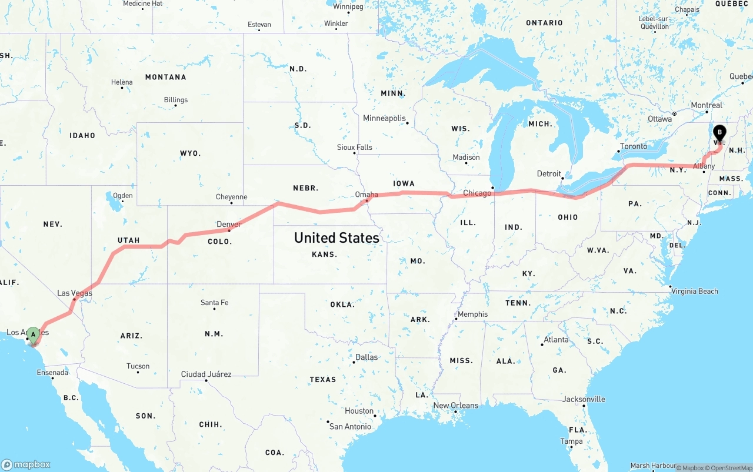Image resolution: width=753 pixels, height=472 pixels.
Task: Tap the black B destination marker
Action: [x=719, y=133]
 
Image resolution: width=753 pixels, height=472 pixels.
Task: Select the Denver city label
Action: [x=228, y=224]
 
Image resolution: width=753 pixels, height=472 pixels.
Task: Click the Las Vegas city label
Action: [x=75, y=293]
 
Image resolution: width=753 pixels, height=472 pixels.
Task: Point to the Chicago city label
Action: [x=477, y=193]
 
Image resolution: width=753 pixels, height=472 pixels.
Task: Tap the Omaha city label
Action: [x=366, y=194]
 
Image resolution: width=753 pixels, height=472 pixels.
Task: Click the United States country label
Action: [x=336, y=237]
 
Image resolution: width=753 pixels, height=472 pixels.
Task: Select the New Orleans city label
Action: [x=455, y=405]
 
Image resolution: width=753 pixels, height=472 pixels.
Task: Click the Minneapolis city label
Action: [x=384, y=118]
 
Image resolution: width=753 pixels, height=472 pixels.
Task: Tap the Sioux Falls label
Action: [x=354, y=147]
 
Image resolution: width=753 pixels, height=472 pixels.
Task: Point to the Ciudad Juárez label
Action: [x=206, y=374]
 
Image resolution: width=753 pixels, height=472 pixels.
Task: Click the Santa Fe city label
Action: [x=214, y=303]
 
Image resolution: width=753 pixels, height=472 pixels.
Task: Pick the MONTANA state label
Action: [x=165, y=77]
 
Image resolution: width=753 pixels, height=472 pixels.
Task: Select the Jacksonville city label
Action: [x=584, y=399]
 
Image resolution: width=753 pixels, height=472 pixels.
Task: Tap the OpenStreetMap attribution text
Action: [x=729, y=468]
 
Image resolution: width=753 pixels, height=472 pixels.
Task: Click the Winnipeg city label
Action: [x=348, y=6]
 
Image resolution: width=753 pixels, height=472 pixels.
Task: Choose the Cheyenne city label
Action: [x=231, y=197]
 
